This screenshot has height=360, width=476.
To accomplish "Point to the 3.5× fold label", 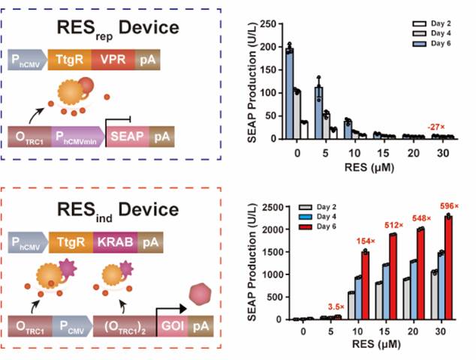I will pyautogui.click(x=336, y=306).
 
